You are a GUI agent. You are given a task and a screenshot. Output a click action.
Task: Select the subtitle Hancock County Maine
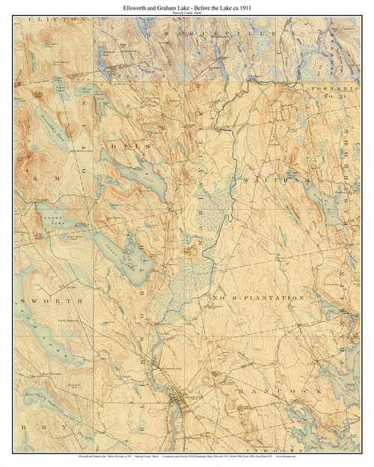(x=187, y=13)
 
